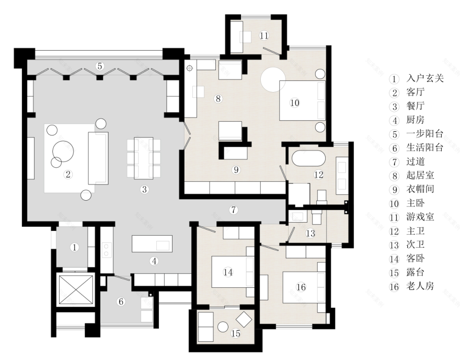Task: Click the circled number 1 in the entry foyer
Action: pos(75,248)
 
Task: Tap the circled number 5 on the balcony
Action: pos(100,66)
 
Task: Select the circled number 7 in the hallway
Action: pos(233,210)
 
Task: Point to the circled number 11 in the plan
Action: pos(264,36)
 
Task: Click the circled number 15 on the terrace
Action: pos(236,333)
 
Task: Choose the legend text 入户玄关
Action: pos(425,78)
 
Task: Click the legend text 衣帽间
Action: pos(420,189)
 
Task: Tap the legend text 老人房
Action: pos(420,286)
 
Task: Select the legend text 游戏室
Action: pos(420,217)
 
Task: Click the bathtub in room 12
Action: pos(308,158)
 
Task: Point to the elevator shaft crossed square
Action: pos(76,289)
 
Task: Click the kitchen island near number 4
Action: pos(152,243)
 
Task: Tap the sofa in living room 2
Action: pos(98,158)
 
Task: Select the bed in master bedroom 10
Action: pos(303,100)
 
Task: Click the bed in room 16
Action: pos(304,287)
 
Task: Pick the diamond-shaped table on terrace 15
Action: pos(244,319)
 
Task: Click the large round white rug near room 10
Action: pos(273,79)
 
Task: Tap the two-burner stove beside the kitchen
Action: pos(106,250)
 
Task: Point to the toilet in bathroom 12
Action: pos(322,196)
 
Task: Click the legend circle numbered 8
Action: pos(395,176)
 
